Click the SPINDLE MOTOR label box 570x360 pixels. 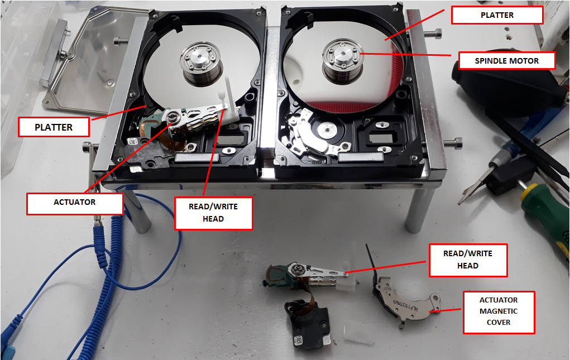click(x=507, y=60)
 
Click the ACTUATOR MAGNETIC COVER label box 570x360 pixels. click(x=499, y=312)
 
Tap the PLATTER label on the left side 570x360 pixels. click(x=54, y=127)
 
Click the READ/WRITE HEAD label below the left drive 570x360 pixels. click(x=213, y=213)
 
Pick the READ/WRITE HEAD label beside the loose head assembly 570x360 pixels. click(x=467, y=260)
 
